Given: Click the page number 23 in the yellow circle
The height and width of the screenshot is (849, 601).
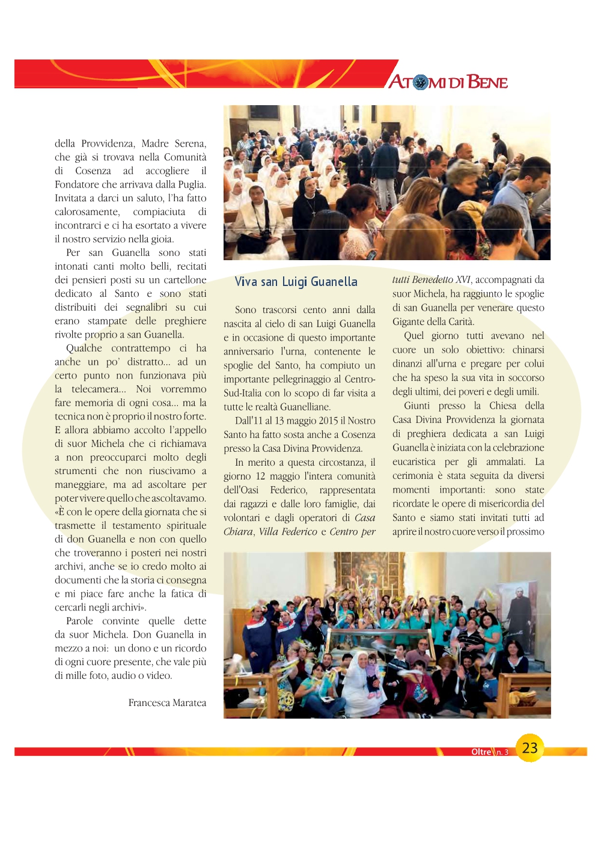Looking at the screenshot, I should [529, 747].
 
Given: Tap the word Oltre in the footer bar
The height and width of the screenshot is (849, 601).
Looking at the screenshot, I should [481, 752].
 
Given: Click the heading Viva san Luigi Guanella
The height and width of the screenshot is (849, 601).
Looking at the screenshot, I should [296, 282].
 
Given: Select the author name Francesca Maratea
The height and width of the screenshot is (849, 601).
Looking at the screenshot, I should [167, 702].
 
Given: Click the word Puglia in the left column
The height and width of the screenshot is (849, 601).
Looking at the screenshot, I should [191, 184].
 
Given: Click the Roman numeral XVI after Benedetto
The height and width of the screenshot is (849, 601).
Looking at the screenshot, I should [462, 279].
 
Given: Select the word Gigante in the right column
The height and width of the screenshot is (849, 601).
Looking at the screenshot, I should [409, 321].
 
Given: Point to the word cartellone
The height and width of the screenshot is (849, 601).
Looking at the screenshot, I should [182, 279].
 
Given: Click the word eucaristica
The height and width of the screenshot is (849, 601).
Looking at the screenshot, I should [414, 461].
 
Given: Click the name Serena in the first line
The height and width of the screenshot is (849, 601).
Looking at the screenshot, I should [190, 143].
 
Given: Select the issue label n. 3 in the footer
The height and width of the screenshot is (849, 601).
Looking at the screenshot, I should [502, 752].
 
